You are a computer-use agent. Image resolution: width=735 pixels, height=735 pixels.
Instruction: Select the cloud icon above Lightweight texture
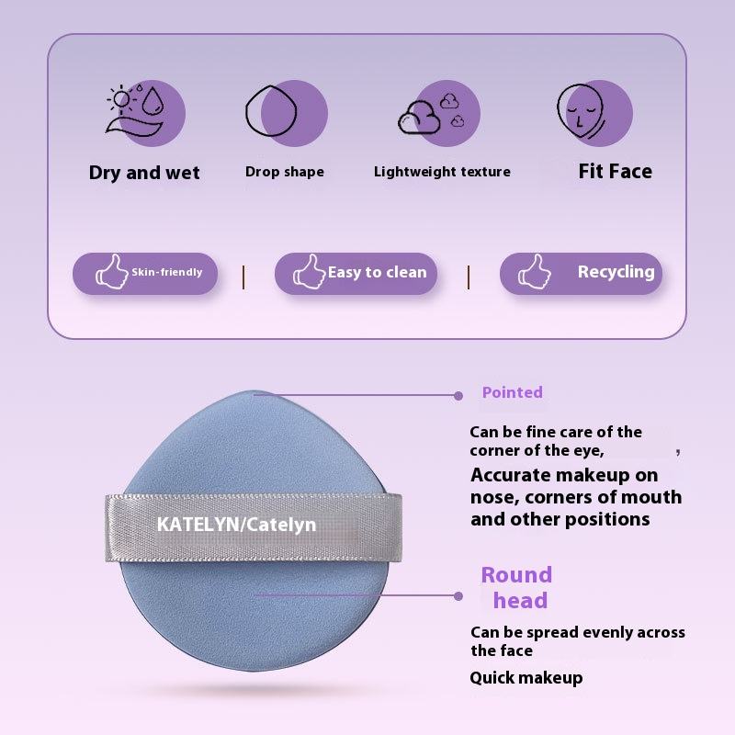[x=430, y=113]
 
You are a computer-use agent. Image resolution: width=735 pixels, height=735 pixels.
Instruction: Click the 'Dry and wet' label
[x=144, y=173]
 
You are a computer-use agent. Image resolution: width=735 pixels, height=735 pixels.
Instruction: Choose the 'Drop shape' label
[x=285, y=172]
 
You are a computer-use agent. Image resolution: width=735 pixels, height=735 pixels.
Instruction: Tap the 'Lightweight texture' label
[x=442, y=172]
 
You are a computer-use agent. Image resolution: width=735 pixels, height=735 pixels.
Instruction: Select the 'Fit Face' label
[x=615, y=171]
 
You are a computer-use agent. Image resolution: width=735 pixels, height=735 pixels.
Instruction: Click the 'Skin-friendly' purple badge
[x=145, y=273]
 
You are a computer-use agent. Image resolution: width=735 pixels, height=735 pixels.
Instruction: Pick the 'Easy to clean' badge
[x=356, y=273]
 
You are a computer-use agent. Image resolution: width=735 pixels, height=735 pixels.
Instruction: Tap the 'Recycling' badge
[x=581, y=273]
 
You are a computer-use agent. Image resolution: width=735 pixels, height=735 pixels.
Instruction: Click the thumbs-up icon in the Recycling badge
[x=533, y=273]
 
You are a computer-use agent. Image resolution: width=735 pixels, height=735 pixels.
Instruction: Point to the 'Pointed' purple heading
[x=512, y=392]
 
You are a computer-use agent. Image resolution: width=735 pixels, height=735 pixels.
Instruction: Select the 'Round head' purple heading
[x=517, y=588]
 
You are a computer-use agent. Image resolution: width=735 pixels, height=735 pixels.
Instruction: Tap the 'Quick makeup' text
[x=526, y=678]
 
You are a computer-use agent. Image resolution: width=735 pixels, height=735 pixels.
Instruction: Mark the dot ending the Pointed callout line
[x=458, y=396]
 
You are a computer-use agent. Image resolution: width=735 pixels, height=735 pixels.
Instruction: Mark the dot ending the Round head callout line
[x=458, y=595]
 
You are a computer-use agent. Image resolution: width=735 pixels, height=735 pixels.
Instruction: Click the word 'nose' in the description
[x=492, y=497]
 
